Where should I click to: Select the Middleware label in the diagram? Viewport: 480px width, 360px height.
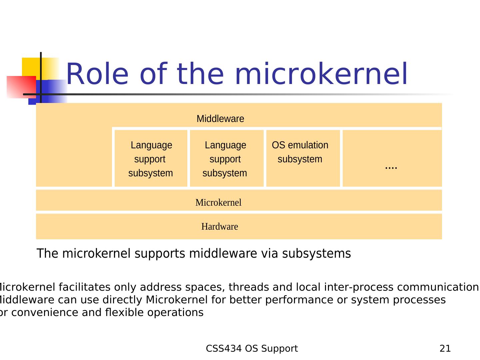[220, 119]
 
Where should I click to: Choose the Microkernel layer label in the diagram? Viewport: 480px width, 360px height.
[218, 203]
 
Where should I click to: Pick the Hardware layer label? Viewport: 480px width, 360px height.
[220, 227]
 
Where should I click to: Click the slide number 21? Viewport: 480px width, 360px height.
[445, 349]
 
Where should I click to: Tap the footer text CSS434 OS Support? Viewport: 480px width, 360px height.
[252, 349]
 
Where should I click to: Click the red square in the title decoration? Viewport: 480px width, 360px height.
[21, 87]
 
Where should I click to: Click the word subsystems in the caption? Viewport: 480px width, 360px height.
[316, 254]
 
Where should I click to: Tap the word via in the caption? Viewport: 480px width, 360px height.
[270, 254]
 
